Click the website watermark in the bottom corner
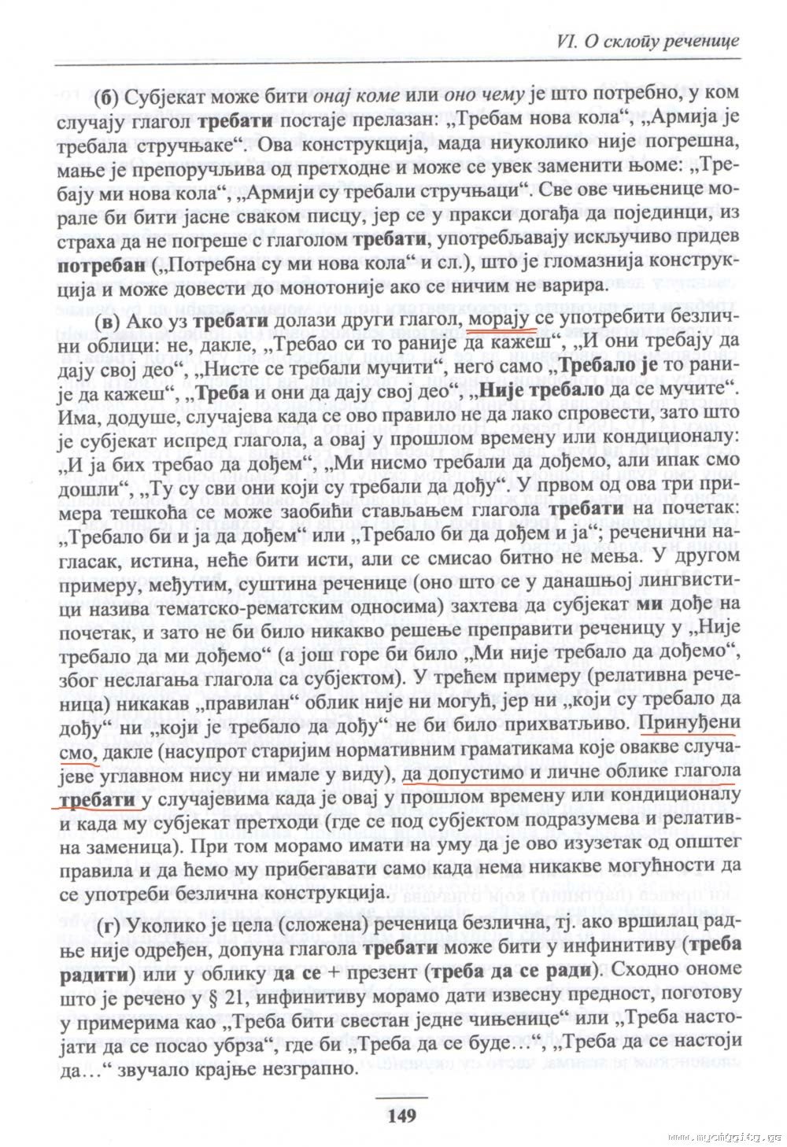point(723,1137)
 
